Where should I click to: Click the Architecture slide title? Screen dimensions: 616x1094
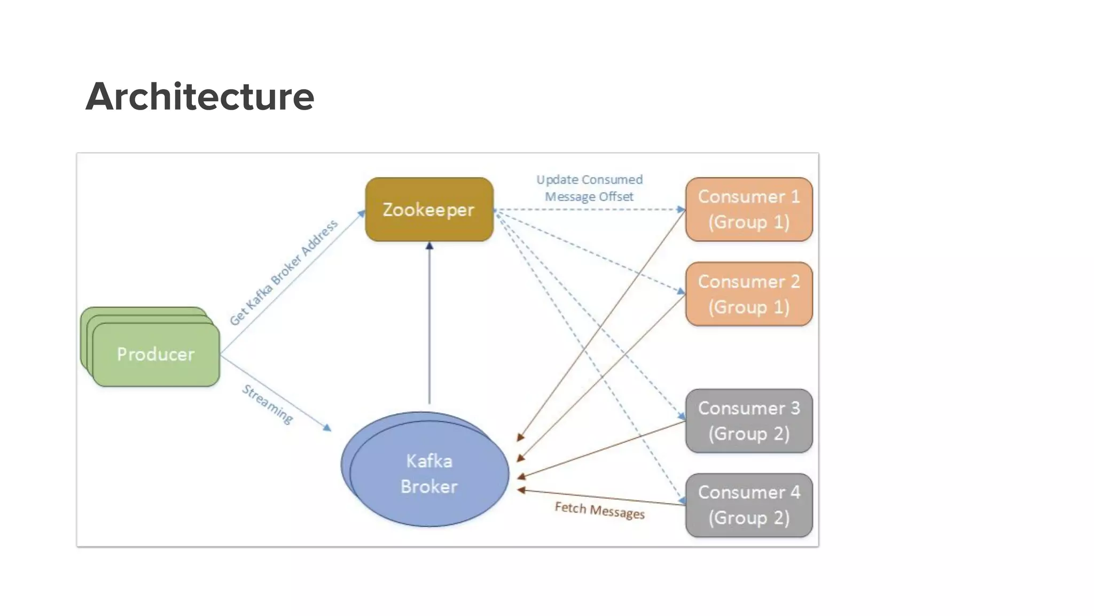click(x=200, y=97)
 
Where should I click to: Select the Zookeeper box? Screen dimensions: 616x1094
click(x=429, y=210)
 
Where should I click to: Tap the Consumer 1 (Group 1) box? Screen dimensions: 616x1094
click(x=749, y=210)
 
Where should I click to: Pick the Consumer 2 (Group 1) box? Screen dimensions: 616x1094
click(x=749, y=294)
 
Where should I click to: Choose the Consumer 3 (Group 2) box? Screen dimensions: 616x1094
click(x=749, y=421)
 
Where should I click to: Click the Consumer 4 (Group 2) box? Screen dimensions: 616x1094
click(x=749, y=505)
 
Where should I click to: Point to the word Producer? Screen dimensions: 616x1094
click(x=155, y=354)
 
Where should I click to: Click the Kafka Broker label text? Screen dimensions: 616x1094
click(x=429, y=474)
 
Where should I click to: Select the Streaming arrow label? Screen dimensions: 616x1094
click(x=268, y=404)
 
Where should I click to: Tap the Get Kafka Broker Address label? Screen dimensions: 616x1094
click(x=284, y=272)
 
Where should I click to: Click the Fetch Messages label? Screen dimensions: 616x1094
click(x=599, y=510)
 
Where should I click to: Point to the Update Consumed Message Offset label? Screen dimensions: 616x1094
click(x=589, y=188)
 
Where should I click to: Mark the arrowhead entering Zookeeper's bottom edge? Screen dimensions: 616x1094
click(x=429, y=246)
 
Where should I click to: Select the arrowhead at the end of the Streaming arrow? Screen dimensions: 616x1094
click(x=327, y=428)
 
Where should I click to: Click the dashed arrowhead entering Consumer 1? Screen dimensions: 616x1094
click(x=681, y=210)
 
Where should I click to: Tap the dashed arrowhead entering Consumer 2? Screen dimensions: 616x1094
click(x=681, y=291)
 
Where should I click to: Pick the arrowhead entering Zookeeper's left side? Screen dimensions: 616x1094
click(x=362, y=214)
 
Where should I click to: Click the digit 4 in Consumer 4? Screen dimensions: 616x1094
click(x=795, y=492)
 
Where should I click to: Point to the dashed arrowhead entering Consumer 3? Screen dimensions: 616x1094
click(x=682, y=416)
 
